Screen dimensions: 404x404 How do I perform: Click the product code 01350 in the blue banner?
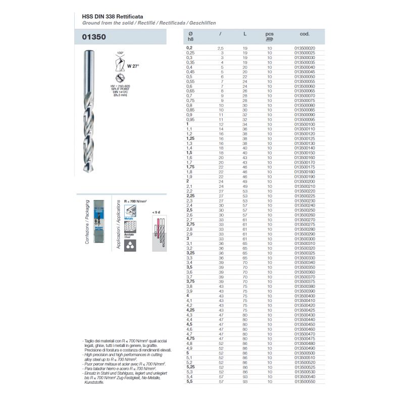(x=95, y=37)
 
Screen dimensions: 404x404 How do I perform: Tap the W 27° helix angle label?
(x=133, y=66)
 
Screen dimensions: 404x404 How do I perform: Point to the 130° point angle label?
(x=120, y=53)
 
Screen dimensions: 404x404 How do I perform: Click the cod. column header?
(x=305, y=34)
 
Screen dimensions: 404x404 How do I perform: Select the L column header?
(x=245, y=34)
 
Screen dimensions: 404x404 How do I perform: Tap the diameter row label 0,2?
(x=190, y=48)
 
